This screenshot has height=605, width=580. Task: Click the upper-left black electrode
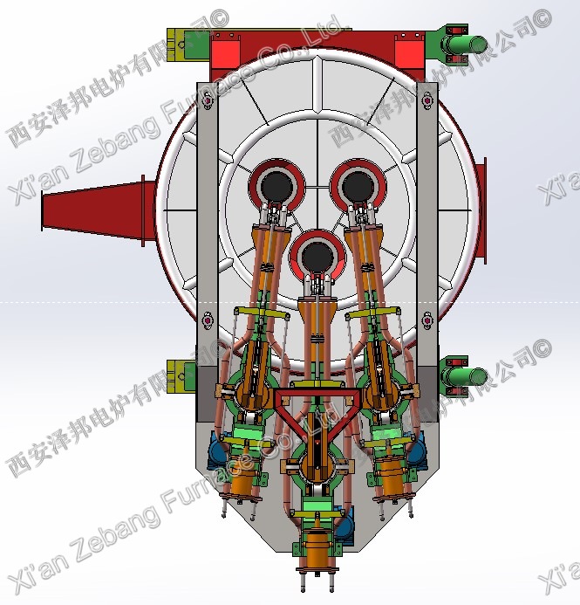(278, 185)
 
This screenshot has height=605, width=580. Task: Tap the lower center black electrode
(316, 255)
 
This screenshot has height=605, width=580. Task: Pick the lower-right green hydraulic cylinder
(466, 376)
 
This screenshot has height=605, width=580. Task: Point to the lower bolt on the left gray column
(207, 320)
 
